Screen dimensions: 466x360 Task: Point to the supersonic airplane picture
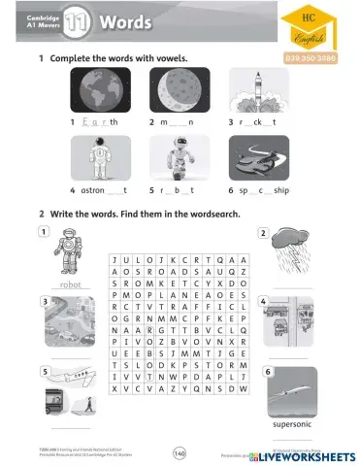click(293, 392)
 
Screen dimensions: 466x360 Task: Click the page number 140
click(179, 451)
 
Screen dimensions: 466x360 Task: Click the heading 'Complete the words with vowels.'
click(116, 59)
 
